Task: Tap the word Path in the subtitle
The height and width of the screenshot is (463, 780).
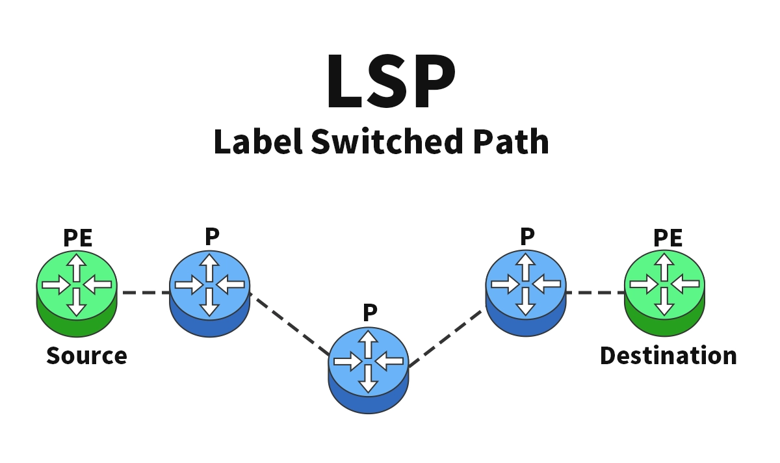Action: (x=508, y=141)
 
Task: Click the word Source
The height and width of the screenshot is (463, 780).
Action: (x=86, y=356)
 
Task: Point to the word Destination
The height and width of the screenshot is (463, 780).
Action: (x=668, y=356)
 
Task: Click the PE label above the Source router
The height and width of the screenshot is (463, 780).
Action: (x=77, y=238)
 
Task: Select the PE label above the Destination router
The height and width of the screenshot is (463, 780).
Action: (x=668, y=238)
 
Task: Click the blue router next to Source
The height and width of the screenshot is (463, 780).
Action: (x=209, y=293)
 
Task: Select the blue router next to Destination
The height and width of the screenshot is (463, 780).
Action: (x=525, y=293)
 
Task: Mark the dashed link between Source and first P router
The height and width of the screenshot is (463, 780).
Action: (x=144, y=293)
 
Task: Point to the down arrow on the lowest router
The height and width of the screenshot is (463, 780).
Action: (x=369, y=379)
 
